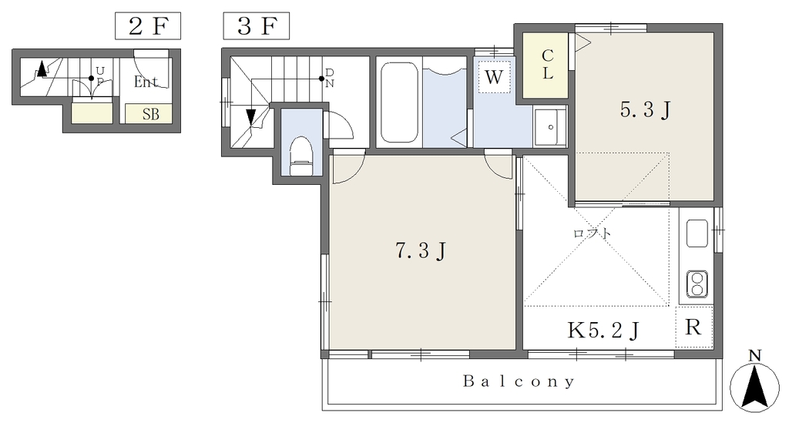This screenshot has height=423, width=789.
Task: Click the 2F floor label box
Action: [148, 26]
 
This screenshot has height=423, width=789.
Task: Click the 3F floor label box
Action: [256, 26]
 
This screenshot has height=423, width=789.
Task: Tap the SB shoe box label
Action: [150, 114]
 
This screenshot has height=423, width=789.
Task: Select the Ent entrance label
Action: [146, 82]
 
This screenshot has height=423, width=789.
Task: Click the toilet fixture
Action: [302, 156]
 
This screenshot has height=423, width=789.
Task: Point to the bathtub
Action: [399, 102]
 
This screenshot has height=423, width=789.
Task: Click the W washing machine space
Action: [494, 76]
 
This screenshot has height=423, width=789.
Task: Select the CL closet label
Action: [548, 65]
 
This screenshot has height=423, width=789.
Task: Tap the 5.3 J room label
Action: [645, 109]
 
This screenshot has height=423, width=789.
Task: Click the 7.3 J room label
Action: [421, 250]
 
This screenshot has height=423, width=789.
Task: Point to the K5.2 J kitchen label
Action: [603, 330]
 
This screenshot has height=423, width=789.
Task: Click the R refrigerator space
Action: [694, 327]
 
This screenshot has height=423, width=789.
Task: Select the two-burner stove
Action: [697, 284]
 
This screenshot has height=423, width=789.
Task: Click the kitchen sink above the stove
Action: [697, 233]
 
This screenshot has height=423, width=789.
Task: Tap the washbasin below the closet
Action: [550, 126]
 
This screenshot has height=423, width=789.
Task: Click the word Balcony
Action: [519, 381]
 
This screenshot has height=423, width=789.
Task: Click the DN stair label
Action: [330, 78]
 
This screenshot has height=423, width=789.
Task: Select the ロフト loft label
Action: [593, 233]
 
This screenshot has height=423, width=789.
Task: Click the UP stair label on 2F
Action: [100, 75]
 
